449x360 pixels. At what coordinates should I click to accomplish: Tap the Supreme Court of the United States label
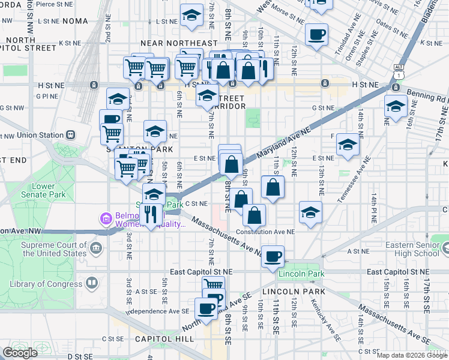(53, 249)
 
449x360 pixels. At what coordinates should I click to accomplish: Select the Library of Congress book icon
(91, 282)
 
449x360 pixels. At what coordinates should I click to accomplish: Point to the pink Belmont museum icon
(106, 218)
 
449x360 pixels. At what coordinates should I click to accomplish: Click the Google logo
(20, 353)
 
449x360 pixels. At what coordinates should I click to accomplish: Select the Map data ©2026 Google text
(412, 355)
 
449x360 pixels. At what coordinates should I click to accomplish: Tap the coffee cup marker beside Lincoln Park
(273, 256)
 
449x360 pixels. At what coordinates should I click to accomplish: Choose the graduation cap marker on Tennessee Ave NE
(348, 145)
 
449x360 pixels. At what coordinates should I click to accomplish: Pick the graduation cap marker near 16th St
(396, 106)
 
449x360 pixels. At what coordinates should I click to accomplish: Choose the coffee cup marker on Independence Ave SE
(206, 308)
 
